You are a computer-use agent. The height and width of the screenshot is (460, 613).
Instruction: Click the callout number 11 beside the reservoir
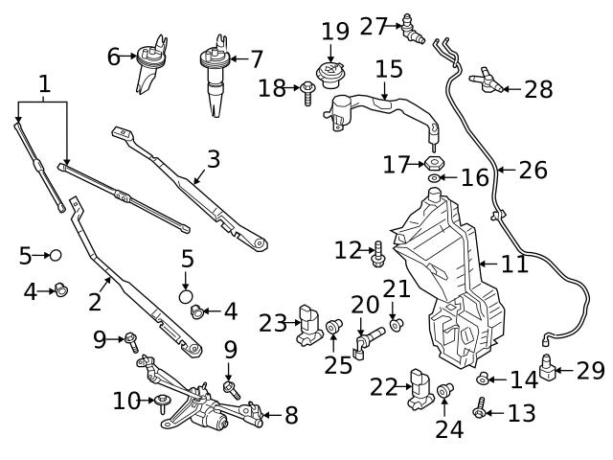point(514,264)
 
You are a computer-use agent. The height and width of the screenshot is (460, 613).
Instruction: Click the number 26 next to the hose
point(533,171)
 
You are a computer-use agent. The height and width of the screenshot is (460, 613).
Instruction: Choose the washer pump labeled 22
point(420,387)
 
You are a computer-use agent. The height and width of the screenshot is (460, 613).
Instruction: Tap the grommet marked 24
point(445,391)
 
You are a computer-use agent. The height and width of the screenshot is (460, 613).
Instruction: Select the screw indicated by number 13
point(480,412)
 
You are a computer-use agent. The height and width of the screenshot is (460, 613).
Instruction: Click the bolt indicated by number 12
point(377,254)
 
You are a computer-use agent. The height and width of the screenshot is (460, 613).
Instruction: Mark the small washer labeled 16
point(435,178)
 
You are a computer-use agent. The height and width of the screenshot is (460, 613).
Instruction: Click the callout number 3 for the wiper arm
point(213,159)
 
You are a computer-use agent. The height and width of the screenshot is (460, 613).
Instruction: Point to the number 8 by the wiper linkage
point(290,415)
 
